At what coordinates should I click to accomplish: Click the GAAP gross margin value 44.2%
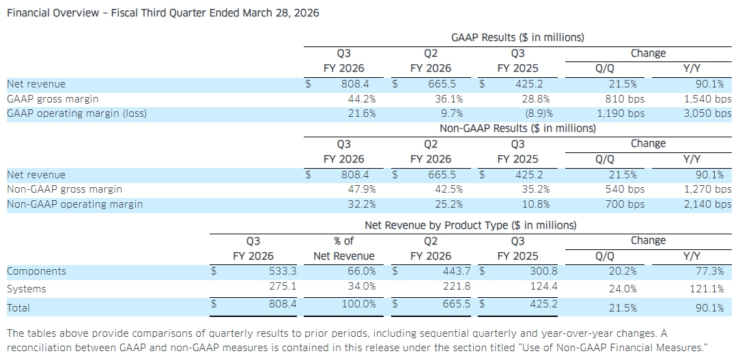click(x=362, y=99)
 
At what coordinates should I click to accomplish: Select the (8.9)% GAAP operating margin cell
click(x=539, y=114)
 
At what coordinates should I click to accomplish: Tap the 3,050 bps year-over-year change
click(x=707, y=114)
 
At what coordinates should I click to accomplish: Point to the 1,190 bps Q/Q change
click(x=621, y=114)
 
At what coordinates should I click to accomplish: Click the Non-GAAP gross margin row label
click(x=64, y=189)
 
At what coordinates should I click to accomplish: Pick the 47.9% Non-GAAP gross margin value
click(x=362, y=189)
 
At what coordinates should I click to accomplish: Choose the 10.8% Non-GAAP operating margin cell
click(x=536, y=204)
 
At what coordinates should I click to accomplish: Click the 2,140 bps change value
click(x=707, y=204)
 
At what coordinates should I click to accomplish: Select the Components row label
click(x=36, y=271)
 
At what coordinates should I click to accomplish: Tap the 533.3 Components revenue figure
click(x=283, y=271)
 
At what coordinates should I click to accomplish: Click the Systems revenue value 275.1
click(x=283, y=286)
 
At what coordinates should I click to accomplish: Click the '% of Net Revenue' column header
click(x=344, y=249)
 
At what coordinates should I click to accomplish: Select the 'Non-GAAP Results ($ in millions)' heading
click(x=517, y=128)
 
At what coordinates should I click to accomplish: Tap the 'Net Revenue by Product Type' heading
click(x=470, y=225)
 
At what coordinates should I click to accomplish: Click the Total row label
click(x=18, y=308)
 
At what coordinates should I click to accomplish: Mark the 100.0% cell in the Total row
click(x=358, y=304)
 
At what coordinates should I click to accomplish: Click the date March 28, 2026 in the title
click(x=281, y=13)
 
